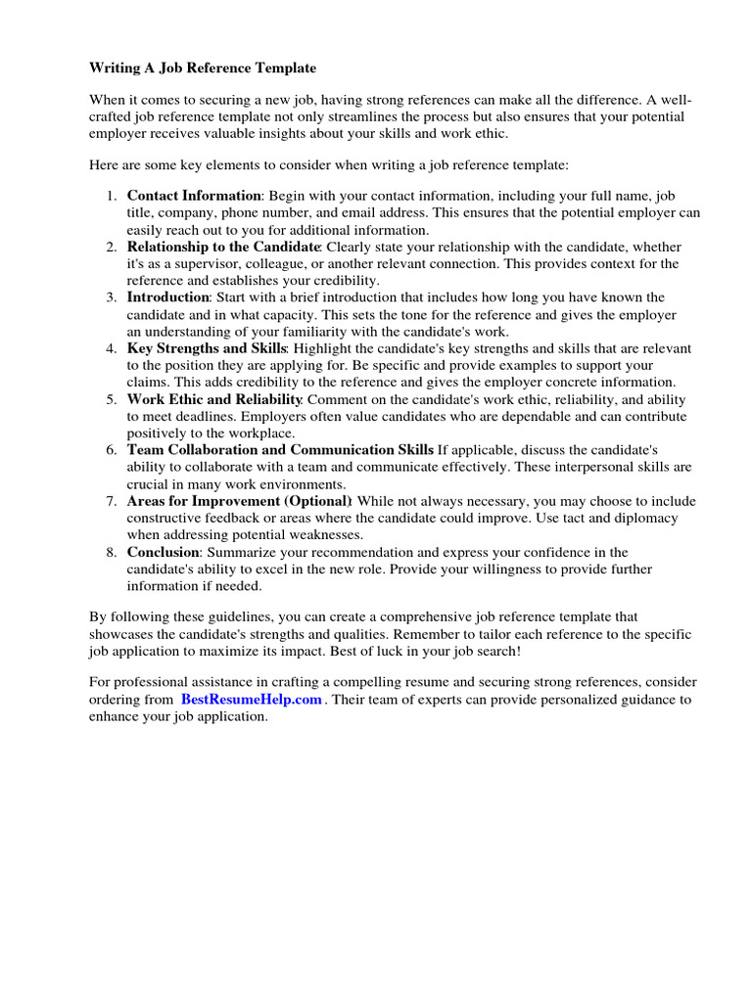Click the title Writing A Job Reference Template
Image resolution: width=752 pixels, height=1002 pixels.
click(x=203, y=68)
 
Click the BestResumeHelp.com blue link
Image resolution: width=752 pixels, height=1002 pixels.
click(x=251, y=700)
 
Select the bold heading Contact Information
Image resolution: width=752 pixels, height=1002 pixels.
click(x=194, y=196)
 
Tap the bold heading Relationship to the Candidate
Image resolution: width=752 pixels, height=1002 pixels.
click(x=223, y=247)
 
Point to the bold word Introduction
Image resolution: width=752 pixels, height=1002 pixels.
click(x=167, y=296)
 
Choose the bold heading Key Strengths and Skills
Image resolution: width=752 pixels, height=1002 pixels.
click(x=206, y=348)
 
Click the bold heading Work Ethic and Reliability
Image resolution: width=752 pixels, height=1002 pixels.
click(x=214, y=399)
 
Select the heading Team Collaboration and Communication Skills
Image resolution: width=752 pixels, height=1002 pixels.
click(x=280, y=449)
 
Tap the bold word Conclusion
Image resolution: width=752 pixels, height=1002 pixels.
click(x=164, y=552)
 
